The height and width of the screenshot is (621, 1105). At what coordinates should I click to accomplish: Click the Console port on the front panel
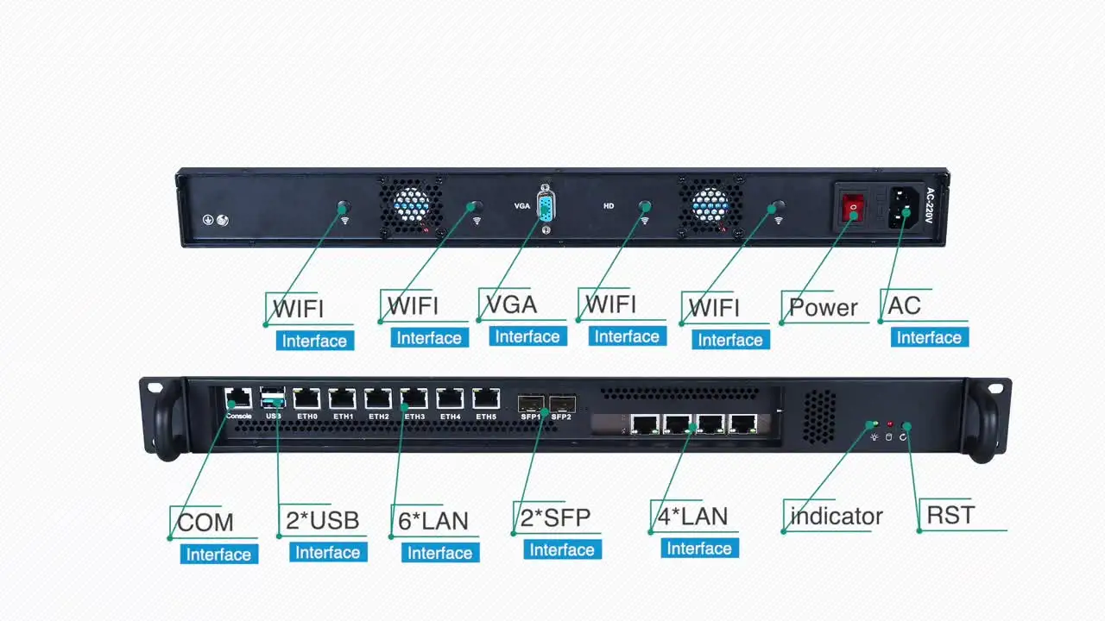pos(238,398)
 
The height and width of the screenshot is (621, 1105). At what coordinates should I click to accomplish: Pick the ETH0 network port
pos(306,398)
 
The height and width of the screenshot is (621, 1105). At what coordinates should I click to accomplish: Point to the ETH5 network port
pos(486,398)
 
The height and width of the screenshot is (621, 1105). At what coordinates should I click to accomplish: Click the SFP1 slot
pos(529,402)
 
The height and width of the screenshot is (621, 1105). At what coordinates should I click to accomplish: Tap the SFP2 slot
pos(562,402)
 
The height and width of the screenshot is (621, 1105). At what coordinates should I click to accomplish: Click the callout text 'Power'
pos(824,308)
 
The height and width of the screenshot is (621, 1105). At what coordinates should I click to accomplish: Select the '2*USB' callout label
pos(322,520)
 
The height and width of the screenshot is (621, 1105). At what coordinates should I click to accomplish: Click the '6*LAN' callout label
pos(433,521)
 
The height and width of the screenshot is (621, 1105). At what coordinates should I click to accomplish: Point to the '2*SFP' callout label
pos(555,517)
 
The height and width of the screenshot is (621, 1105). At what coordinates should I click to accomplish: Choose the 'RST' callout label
pos(950,516)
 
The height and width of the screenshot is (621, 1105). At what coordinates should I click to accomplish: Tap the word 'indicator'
pos(837,517)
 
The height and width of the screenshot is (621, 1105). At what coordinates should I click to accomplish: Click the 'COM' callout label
pos(205,522)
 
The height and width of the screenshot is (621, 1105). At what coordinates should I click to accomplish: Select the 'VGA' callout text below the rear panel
pos(511,304)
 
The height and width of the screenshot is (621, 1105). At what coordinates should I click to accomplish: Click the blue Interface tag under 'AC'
pos(929,337)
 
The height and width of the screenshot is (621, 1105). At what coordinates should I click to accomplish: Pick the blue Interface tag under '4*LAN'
pos(699,549)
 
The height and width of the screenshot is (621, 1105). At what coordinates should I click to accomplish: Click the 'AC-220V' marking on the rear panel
pos(930,206)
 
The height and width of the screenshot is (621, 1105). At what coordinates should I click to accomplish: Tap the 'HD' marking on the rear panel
pos(609,206)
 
